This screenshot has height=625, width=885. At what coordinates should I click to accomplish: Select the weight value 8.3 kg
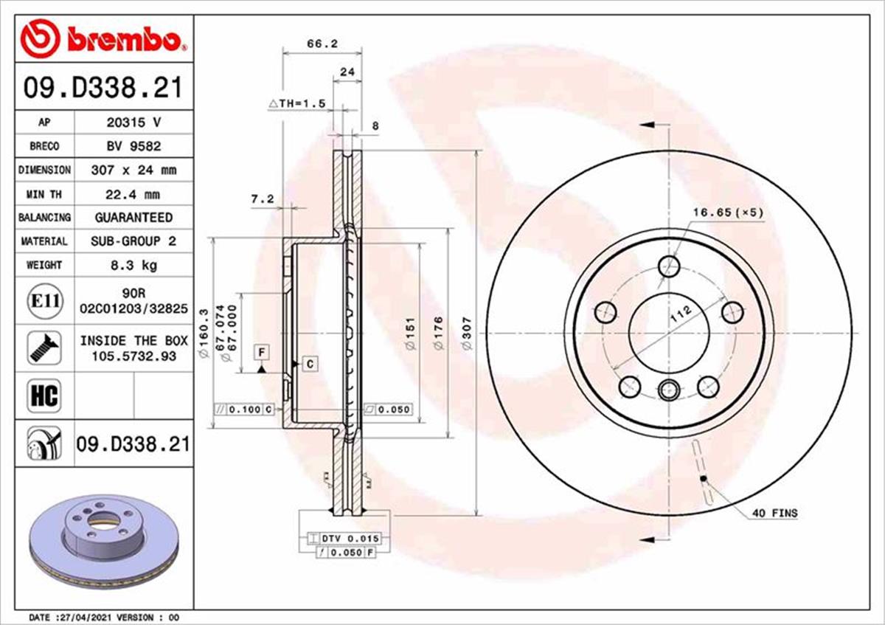(x=133, y=264)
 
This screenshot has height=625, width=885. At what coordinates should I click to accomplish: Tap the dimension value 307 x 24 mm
(x=133, y=170)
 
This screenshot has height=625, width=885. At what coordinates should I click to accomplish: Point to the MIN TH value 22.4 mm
(x=133, y=195)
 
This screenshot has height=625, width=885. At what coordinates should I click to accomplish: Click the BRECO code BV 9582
(x=133, y=146)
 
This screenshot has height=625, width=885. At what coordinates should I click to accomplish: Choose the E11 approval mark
(x=44, y=301)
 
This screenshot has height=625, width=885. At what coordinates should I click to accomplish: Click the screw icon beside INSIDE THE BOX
(x=44, y=348)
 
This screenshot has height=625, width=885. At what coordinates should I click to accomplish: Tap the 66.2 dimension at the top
(x=322, y=44)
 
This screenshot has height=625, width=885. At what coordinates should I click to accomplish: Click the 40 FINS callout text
(x=774, y=513)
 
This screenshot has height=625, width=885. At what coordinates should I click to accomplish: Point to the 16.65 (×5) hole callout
(x=727, y=213)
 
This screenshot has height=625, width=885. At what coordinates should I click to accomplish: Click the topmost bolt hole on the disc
(x=669, y=266)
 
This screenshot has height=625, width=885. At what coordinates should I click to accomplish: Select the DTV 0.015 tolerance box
(x=344, y=539)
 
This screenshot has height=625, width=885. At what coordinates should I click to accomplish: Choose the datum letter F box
(x=261, y=351)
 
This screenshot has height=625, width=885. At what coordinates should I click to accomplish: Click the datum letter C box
(x=310, y=363)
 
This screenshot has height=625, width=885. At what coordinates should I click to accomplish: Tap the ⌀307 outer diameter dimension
(x=466, y=332)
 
